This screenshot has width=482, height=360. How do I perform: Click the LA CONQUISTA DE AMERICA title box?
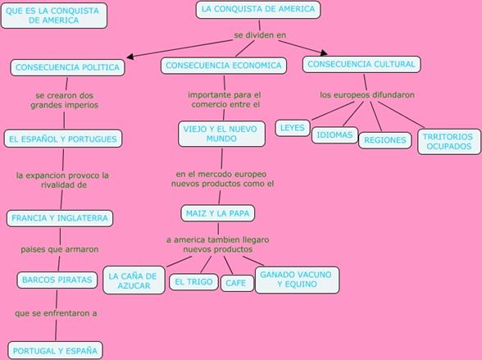pyautogui.click(x=258, y=10)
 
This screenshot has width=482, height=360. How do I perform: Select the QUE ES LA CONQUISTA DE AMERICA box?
pyautogui.click(x=54, y=16)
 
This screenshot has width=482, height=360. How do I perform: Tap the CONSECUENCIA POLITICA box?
pyautogui.click(x=67, y=67)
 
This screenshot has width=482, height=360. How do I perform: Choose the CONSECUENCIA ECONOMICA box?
pyautogui.click(x=224, y=66)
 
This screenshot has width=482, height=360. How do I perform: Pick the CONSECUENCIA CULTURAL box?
pyautogui.click(x=361, y=64)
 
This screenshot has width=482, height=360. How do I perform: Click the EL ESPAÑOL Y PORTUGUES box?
pyautogui.click(x=63, y=139)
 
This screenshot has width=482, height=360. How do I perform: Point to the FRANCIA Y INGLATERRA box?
pyautogui.click(x=60, y=218)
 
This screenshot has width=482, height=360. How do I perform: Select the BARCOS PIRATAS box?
pyautogui.click(x=57, y=280)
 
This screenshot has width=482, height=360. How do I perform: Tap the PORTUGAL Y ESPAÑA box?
pyautogui.click(x=56, y=350)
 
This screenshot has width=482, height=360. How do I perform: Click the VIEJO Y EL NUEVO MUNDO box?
pyautogui.click(x=221, y=134)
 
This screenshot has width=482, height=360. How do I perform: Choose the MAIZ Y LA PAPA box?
pyautogui.click(x=218, y=213)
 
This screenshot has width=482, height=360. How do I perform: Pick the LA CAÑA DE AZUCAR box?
pyautogui.click(x=134, y=280)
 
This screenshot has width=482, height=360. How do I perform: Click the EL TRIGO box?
pyautogui.click(x=193, y=282)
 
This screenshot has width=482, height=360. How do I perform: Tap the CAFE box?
pyautogui.click(x=237, y=283)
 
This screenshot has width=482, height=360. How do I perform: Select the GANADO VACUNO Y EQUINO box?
pyautogui.click(x=298, y=280)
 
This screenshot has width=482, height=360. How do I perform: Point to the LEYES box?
pyautogui.click(x=293, y=128)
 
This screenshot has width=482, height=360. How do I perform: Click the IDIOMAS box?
pyautogui.click(x=334, y=135)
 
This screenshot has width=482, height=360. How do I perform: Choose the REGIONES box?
pyautogui.click(x=385, y=140)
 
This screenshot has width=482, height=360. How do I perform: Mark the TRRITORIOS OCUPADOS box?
pyautogui.click(x=449, y=141)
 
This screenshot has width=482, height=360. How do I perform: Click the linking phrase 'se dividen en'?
pyautogui.click(x=260, y=35)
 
